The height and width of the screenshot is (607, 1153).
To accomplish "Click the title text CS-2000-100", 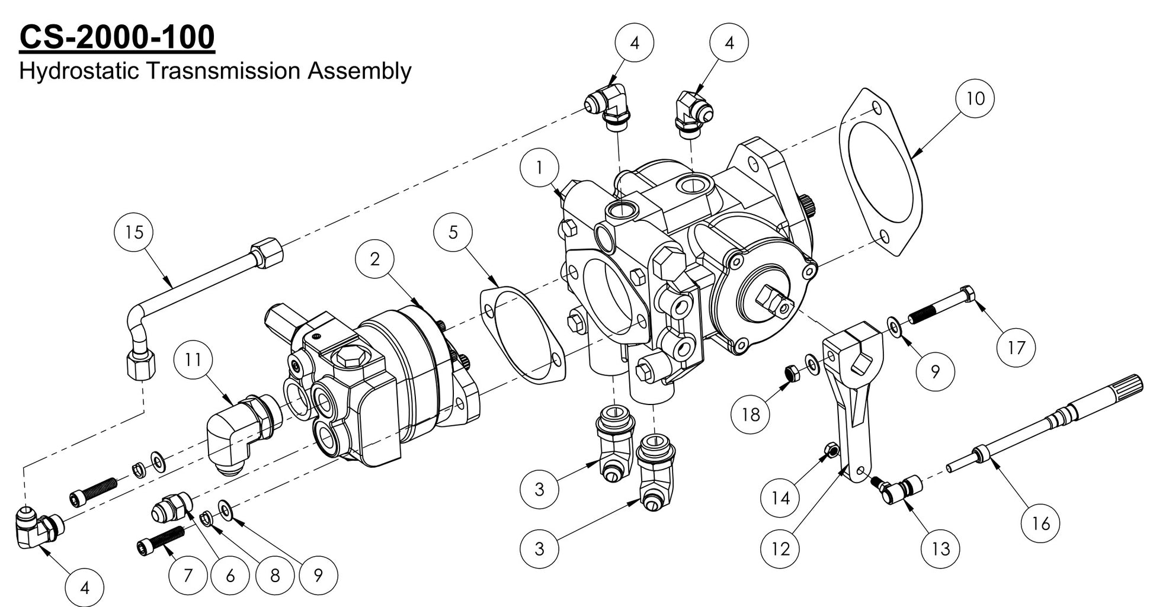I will click(x=117, y=37).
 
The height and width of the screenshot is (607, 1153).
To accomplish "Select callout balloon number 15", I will click(x=134, y=232).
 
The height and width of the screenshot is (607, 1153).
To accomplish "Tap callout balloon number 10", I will click(x=975, y=98).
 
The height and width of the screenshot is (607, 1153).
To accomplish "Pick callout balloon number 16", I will click(x=1041, y=524).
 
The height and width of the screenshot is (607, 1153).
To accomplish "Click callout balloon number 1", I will click(x=539, y=168).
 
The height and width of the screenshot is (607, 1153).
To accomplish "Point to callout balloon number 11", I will click(x=193, y=359).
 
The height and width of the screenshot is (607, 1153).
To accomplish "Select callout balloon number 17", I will click(x=1016, y=347).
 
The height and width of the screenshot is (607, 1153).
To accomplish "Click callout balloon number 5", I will click(x=453, y=232).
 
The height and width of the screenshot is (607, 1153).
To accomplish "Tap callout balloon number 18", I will click(x=751, y=414).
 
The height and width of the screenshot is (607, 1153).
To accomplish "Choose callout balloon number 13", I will click(x=941, y=549).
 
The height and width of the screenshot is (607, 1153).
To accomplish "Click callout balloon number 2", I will click(x=374, y=259).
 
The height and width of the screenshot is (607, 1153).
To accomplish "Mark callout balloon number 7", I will click(x=188, y=575).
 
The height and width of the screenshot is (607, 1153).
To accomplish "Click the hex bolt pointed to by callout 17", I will click(x=942, y=305).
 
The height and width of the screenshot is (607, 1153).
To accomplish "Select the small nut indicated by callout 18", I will click(x=790, y=372).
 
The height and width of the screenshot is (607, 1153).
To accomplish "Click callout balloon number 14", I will click(x=780, y=498).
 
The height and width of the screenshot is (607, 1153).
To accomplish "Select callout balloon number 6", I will click(x=230, y=575).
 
